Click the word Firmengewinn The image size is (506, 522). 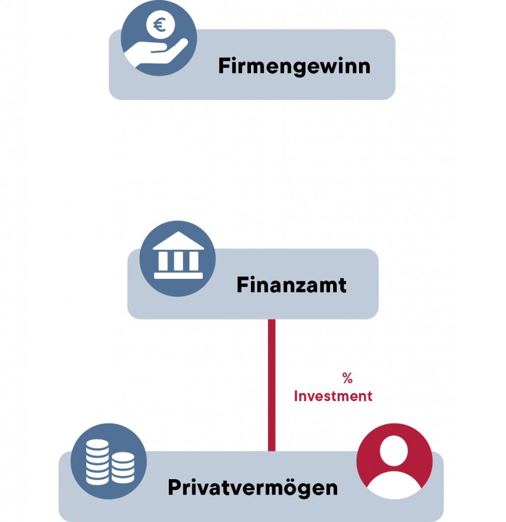point(294,67)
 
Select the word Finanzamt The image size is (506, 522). point(291,285)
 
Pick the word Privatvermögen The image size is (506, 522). point(252,488)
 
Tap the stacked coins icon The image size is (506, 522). point(108,461)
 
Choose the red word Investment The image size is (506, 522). point(333,396)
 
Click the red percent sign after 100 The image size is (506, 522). point(347,378)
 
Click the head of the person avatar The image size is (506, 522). point(394,451)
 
